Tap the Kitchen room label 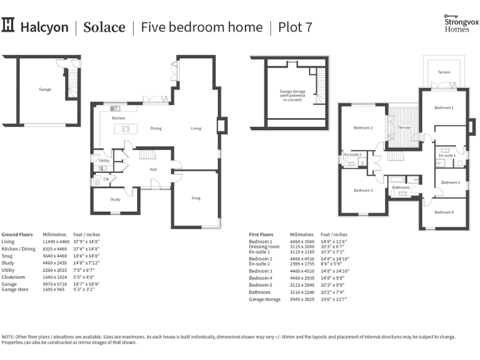pyautogui.click(x=119, y=118)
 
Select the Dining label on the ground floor pyautogui.click(x=156, y=129)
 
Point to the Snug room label pyautogui.click(x=196, y=198)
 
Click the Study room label pyautogui.click(x=116, y=199)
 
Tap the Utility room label pyautogui.click(x=104, y=161)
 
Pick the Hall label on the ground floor pyautogui.click(x=153, y=169)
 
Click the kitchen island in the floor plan pyautogui.click(x=125, y=129)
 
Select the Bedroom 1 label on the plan pyautogui.click(x=444, y=108)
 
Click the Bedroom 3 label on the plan pyautogui.click(x=363, y=190)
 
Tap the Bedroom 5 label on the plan pyautogui.click(x=450, y=182)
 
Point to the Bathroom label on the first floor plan pyautogui.click(x=401, y=187)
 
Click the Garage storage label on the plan pyautogui.click(x=292, y=96)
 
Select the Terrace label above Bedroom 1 pyautogui.click(x=444, y=72)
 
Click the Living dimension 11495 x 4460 pyautogui.click(x=56, y=241)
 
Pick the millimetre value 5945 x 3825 pyautogui.click(x=298, y=299)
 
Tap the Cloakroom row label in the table pyautogui.click(x=14, y=276)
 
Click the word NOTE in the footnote pyautogui.click(x=9, y=337)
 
